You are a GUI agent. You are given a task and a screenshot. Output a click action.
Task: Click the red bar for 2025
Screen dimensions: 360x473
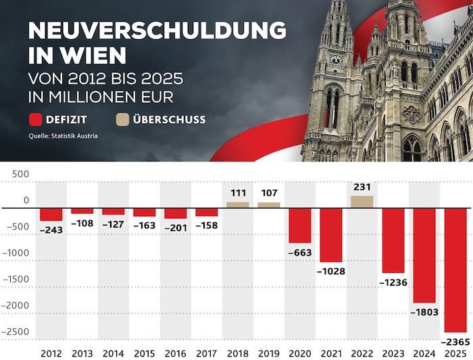click(x=455, y=269)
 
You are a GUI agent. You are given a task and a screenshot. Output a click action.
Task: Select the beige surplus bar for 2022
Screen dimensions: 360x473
click(x=362, y=201)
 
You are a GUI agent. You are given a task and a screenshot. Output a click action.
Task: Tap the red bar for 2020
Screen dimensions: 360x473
click(x=300, y=225)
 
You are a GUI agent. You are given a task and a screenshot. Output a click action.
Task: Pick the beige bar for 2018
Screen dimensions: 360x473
click(x=238, y=204)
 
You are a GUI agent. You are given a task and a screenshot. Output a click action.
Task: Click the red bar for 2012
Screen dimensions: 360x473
click(x=51, y=214)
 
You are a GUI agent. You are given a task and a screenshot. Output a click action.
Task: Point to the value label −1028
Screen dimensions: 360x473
click(x=330, y=271)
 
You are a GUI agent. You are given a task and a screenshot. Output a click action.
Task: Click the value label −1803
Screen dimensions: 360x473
click(x=424, y=312)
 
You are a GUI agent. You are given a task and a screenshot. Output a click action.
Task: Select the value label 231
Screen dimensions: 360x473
click(x=362, y=187)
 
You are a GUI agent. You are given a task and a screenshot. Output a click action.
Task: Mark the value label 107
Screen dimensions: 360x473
click(x=268, y=194)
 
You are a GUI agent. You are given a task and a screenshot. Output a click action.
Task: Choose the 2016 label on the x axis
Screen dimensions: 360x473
click(x=176, y=353)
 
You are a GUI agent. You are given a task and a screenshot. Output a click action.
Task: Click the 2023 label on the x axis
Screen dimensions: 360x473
click(x=393, y=353)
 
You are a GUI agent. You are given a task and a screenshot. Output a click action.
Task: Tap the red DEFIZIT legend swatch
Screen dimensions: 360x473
click(x=36, y=120)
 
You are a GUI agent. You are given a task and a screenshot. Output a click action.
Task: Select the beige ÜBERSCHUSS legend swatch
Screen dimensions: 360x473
click(x=122, y=120)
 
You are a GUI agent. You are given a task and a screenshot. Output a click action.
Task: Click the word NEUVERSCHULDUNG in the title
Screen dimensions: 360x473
click(x=157, y=31)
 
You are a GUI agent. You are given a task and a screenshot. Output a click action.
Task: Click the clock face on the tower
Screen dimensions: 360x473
click(x=336, y=59)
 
